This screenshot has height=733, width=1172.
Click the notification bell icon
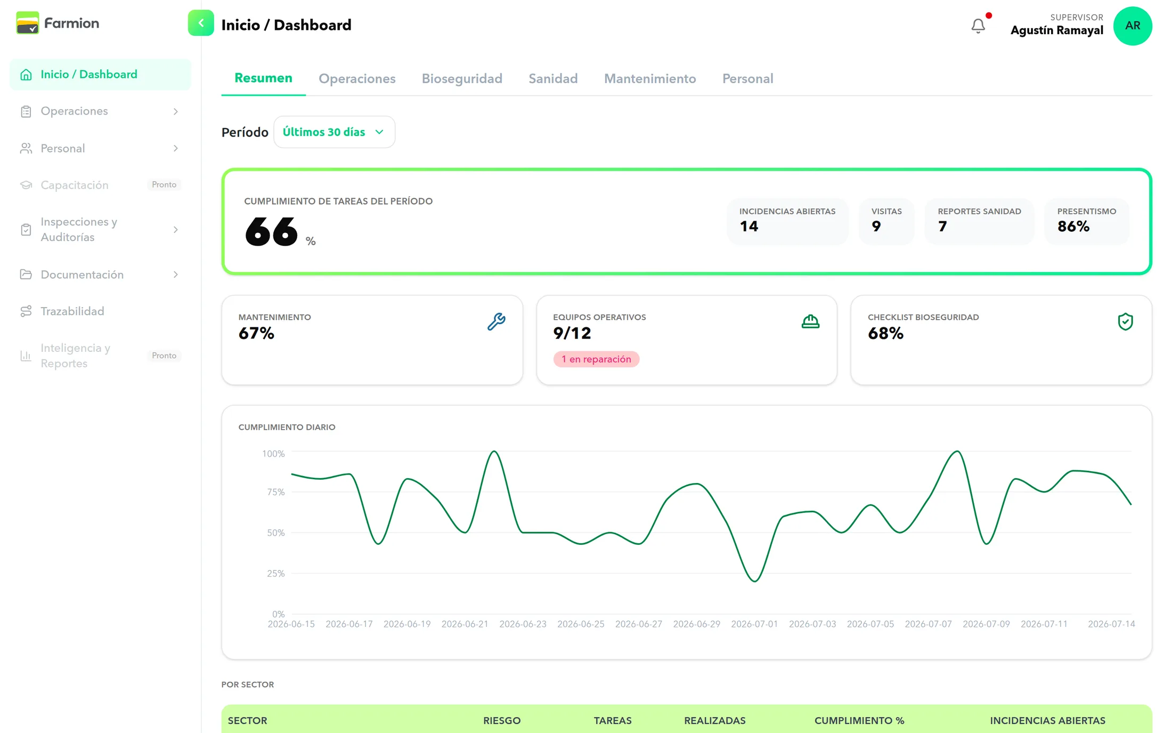coord(978,26)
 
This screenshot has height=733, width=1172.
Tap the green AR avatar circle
coord(1133,26)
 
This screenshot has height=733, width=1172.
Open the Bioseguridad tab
coord(462,78)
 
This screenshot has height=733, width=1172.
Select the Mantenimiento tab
coord(650,78)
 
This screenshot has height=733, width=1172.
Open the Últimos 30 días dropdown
coord(334,132)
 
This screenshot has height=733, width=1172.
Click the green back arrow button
coord(201,23)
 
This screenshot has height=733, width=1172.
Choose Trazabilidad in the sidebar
coord(72,311)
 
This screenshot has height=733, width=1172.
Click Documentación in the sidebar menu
coord(82,275)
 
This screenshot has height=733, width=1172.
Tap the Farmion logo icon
coord(28,23)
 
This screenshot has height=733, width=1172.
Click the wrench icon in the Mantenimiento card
coord(497,321)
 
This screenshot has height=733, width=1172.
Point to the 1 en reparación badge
coord(596,359)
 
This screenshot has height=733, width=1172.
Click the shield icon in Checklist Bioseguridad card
coord(1125,321)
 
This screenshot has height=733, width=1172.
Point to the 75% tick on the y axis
coord(276,492)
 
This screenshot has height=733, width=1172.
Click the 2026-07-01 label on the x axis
coord(754,624)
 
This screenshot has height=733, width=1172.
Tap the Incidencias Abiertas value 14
coord(749,227)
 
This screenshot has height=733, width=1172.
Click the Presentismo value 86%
coord(1073,227)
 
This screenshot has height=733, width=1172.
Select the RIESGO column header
coord(502,720)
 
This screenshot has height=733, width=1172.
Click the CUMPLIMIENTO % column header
coord(859,720)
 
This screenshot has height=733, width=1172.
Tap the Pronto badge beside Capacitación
coord(164,184)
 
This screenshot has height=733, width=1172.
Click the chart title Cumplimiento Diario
coord(287,427)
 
